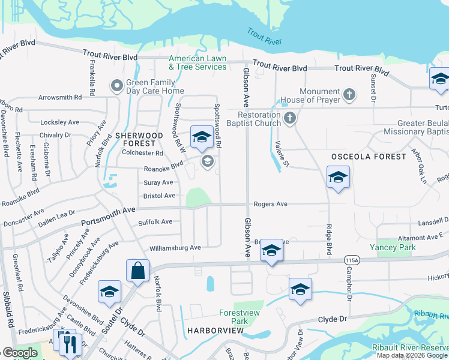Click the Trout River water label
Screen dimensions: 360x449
point(264,36)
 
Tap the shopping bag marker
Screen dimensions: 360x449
point(137,270)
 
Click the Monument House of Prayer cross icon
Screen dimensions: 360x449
point(349,94)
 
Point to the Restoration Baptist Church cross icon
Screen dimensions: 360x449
point(290,118)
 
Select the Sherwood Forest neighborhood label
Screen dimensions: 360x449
point(139,140)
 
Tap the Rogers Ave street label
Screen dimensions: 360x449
point(271,204)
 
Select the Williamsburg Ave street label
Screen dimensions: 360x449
point(175,247)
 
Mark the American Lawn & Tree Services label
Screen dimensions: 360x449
point(197,62)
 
